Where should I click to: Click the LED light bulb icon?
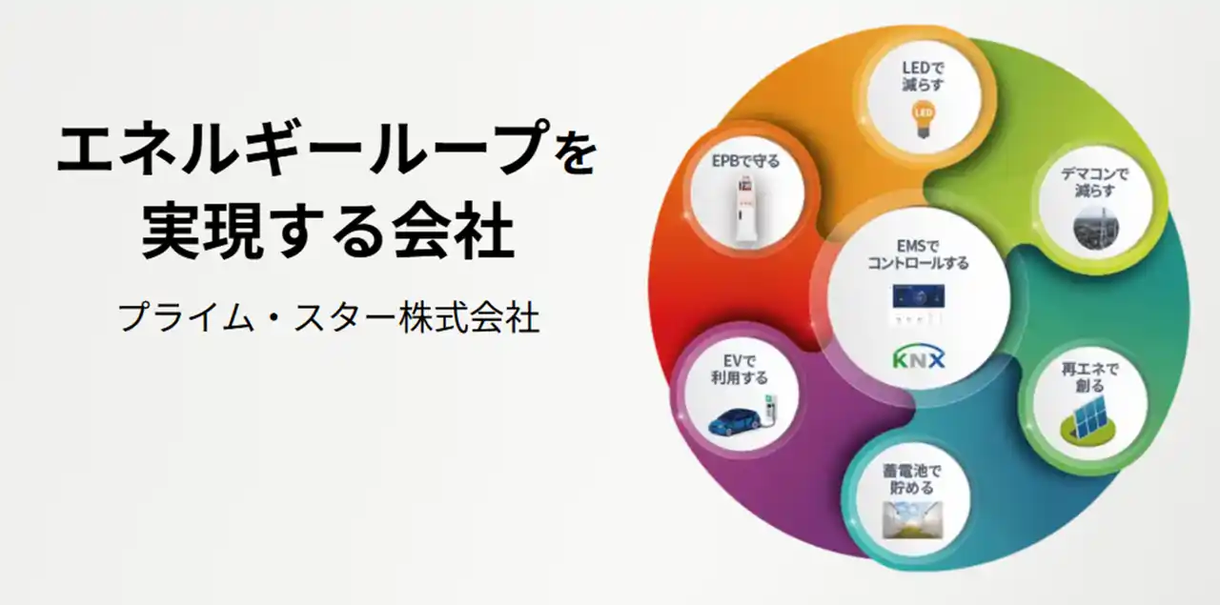921,118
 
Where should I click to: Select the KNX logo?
919,359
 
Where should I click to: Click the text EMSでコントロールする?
918,254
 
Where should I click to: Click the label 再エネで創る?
1089,376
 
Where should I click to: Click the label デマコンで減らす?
1094,182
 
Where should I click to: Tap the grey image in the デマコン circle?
1093,230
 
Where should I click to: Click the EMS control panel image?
918,296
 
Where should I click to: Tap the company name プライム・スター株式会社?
329,317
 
